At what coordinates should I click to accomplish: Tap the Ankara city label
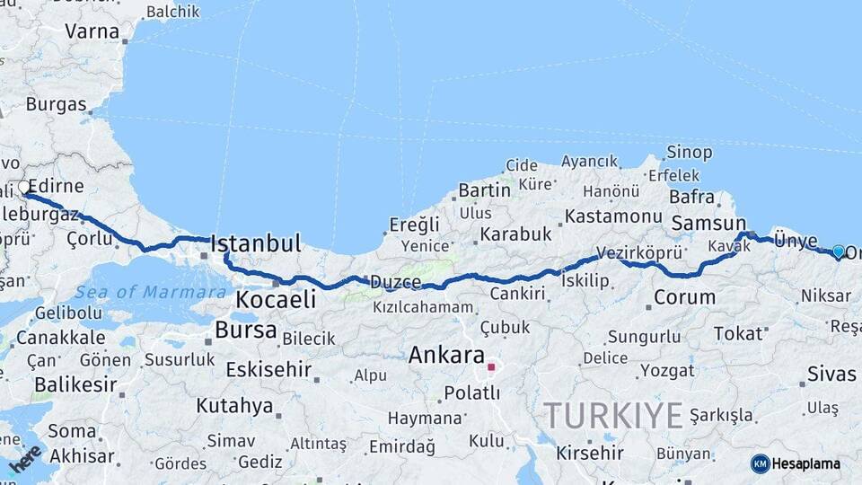coord(446,355)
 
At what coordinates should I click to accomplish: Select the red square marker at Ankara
coord(490,366)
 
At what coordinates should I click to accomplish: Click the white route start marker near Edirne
coord(23,188)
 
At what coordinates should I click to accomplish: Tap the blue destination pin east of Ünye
coord(839,252)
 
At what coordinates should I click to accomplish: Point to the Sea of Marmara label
coord(151,292)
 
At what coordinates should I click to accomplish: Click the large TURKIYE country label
coord(613,415)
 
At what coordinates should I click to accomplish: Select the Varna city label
coord(92,31)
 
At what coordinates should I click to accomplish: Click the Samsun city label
coord(709,223)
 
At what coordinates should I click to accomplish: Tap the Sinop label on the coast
coord(690,153)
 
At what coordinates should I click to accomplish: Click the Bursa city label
coord(245,330)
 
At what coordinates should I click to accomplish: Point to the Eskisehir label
coord(268,369)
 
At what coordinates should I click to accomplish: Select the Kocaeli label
coord(276,299)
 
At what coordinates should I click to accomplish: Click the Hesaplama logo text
coord(807,463)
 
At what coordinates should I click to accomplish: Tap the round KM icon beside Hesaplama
coord(761,463)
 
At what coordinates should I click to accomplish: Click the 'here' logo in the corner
coord(25,458)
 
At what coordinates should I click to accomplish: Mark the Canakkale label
coord(60,339)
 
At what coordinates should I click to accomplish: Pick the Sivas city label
coord(831,374)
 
